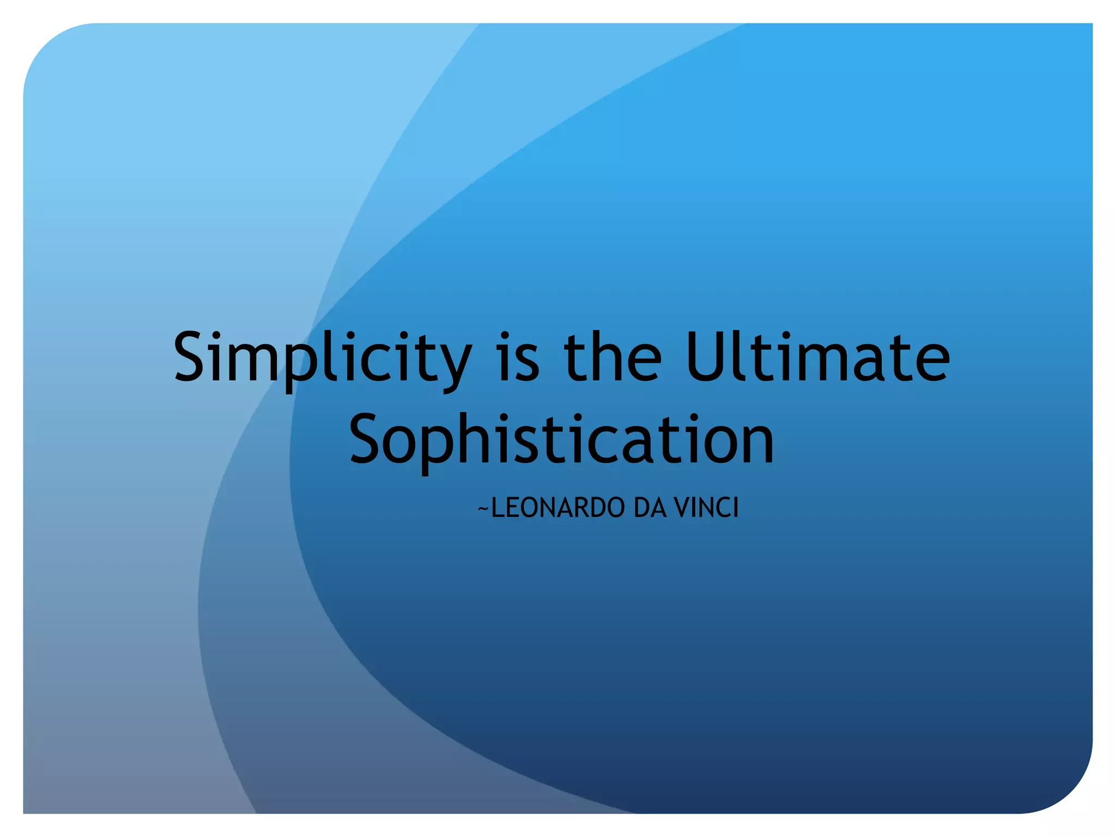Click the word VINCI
(x=706, y=508)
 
